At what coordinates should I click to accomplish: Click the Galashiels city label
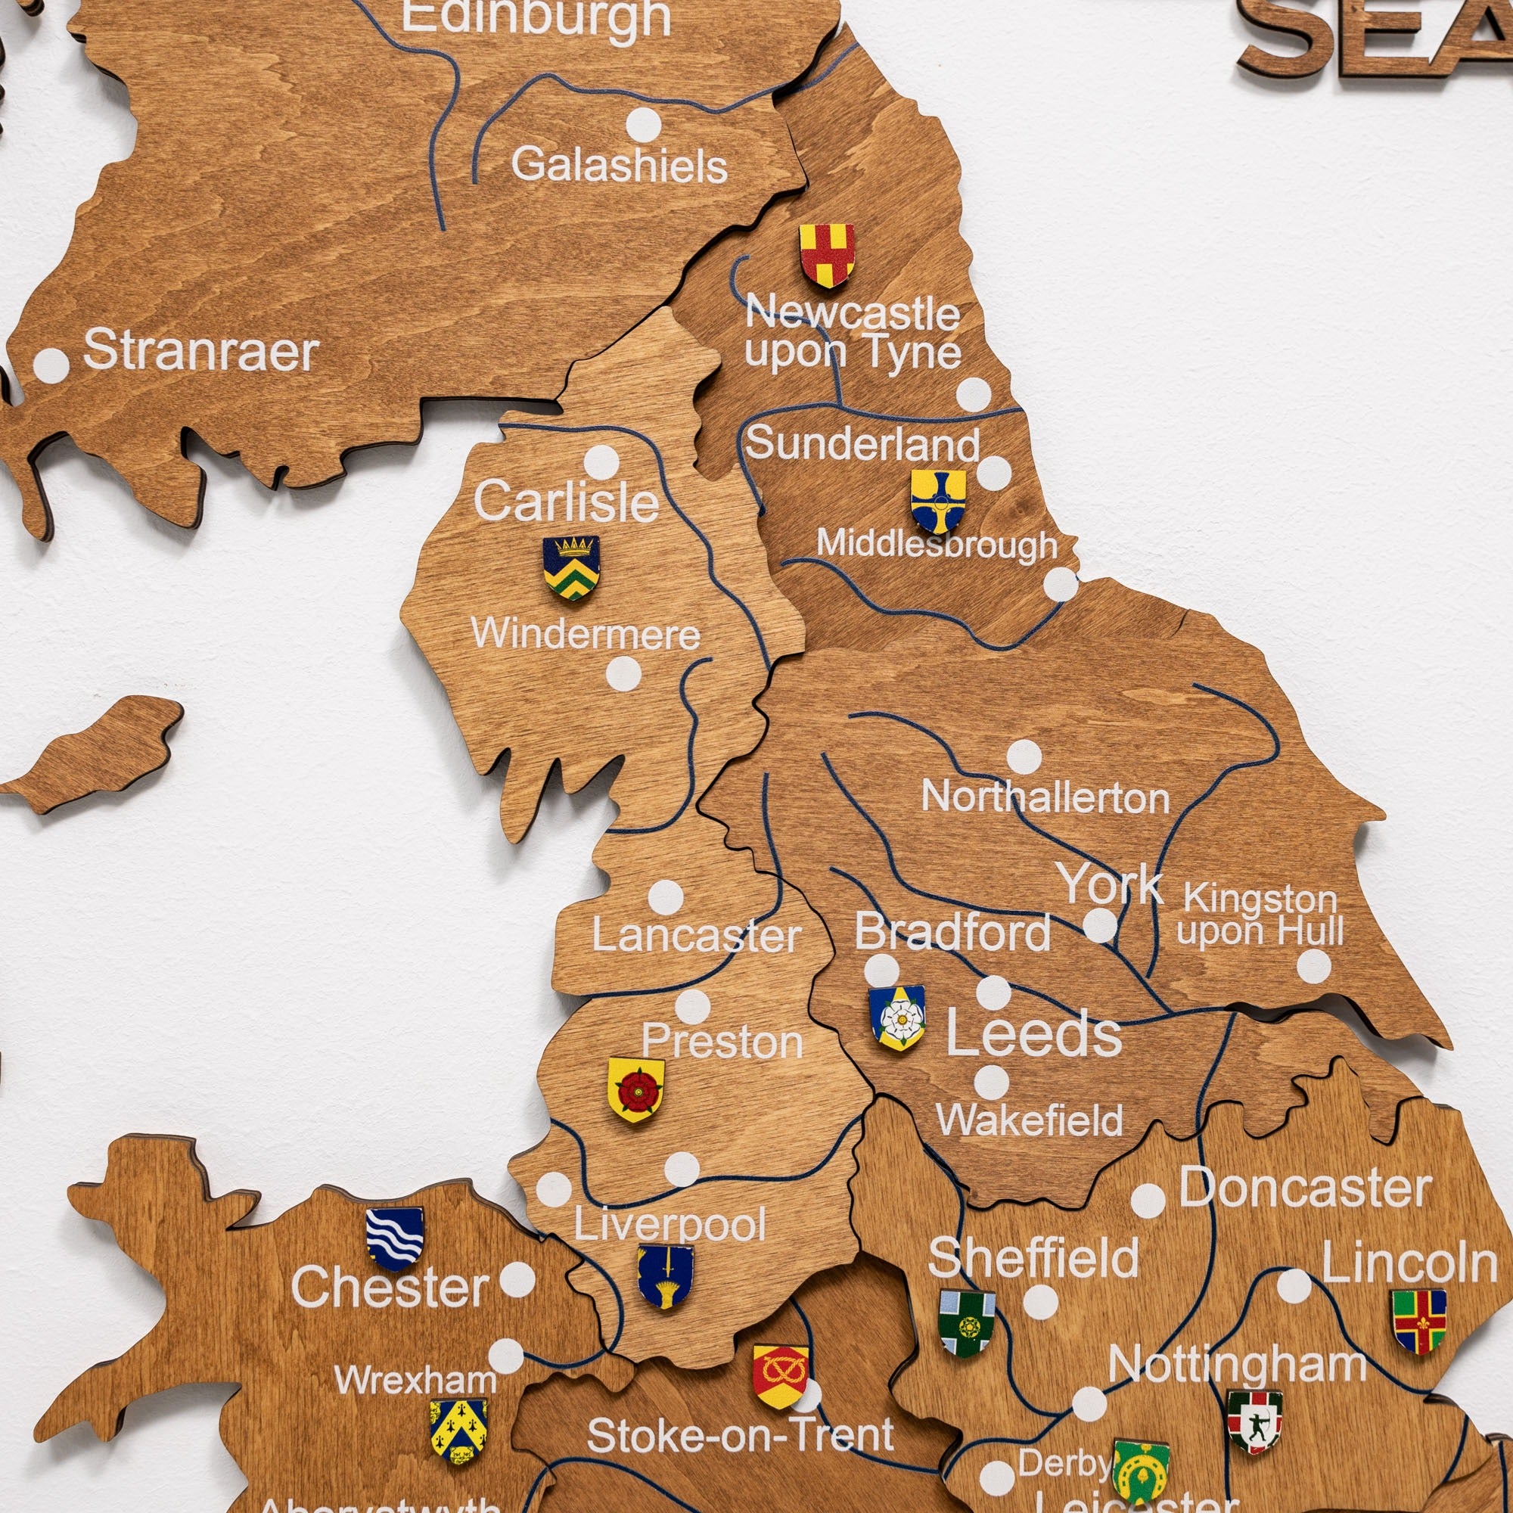tap(619, 165)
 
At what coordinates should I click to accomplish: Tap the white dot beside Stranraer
tap(51, 365)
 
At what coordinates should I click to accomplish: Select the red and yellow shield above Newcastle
tap(826, 255)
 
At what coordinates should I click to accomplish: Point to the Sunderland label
tap(862, 444)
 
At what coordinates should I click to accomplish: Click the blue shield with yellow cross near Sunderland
tap(937, 500)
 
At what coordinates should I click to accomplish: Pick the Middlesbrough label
tap(937, 543)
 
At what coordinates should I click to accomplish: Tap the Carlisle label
tap(565, 502)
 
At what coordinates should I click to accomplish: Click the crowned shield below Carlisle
tap(572, 566)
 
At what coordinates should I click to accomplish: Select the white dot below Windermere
tap(623, 673)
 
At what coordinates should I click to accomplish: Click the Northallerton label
tap(1045, 797)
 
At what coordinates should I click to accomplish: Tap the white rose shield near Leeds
tap(897, 1017)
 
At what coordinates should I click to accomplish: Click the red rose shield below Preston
tap(636, 1089)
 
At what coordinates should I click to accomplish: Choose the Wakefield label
tap(1029, 1120)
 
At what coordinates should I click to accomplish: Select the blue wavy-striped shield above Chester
tap(395, 1238)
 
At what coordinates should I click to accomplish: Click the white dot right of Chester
tap(517, 1280)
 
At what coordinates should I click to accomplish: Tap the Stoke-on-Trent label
tap(740, 1434)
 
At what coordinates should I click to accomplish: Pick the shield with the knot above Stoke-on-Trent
tap(780, 1375)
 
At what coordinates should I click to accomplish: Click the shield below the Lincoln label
tap(1418, 1321)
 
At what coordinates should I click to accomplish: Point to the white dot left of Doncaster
tap(1148, 1201)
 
